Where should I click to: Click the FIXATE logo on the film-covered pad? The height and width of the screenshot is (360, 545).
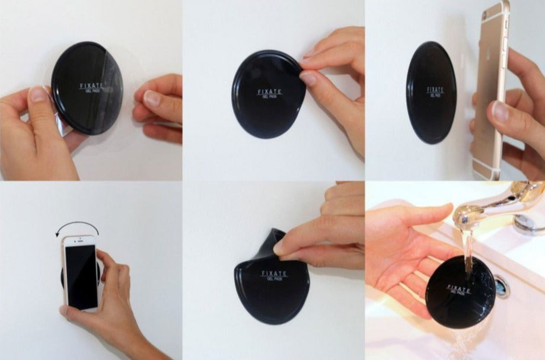90,87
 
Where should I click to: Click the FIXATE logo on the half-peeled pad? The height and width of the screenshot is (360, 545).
274,274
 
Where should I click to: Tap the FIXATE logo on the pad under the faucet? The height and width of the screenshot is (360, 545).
457,289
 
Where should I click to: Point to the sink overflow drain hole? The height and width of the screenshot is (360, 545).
502,286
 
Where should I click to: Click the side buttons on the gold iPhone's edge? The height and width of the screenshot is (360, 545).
505,42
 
